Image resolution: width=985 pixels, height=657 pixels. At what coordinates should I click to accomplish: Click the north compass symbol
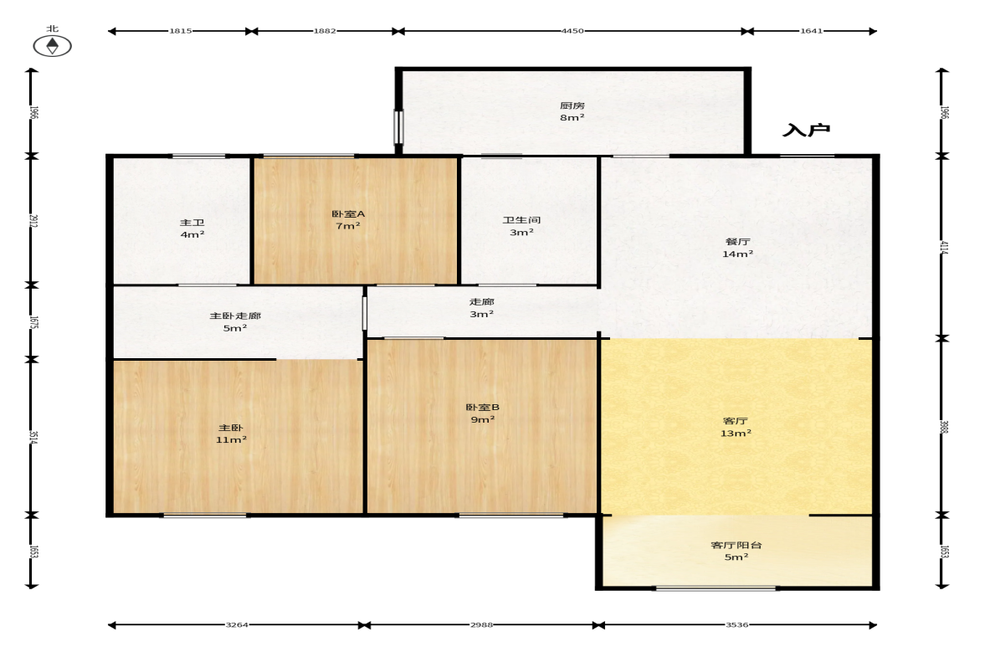52,46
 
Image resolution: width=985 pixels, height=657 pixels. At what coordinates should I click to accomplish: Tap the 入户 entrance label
806,130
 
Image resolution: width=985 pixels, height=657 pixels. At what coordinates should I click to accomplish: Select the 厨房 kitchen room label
572,105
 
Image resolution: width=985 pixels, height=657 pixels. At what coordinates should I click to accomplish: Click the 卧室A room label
348,213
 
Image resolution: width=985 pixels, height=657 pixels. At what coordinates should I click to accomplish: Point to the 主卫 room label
192,223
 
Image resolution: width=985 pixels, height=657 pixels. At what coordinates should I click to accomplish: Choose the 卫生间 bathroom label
521,220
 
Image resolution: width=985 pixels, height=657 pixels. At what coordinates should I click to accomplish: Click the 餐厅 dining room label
737,241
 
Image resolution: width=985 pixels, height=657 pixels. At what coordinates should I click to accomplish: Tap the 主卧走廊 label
235,316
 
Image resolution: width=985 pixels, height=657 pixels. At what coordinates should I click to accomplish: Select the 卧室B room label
482,407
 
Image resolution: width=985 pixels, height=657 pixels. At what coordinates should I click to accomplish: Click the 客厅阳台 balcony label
736,545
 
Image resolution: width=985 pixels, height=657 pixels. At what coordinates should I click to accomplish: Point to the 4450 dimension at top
572,31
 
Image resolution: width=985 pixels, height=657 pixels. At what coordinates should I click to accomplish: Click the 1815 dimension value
180,31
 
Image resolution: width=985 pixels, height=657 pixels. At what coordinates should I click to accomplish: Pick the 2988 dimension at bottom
482,625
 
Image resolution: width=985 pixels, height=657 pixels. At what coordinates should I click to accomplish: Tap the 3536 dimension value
736,625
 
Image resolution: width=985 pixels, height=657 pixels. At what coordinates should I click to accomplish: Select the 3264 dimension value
237,625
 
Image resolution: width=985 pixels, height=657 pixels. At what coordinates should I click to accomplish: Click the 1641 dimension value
811,31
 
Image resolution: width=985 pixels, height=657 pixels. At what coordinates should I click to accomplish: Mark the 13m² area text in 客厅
736,434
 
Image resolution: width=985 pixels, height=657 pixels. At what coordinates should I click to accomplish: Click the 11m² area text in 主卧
231,439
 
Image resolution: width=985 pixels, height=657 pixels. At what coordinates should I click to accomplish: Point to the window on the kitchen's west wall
398,127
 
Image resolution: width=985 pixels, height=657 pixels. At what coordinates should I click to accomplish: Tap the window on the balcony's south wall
716,588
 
